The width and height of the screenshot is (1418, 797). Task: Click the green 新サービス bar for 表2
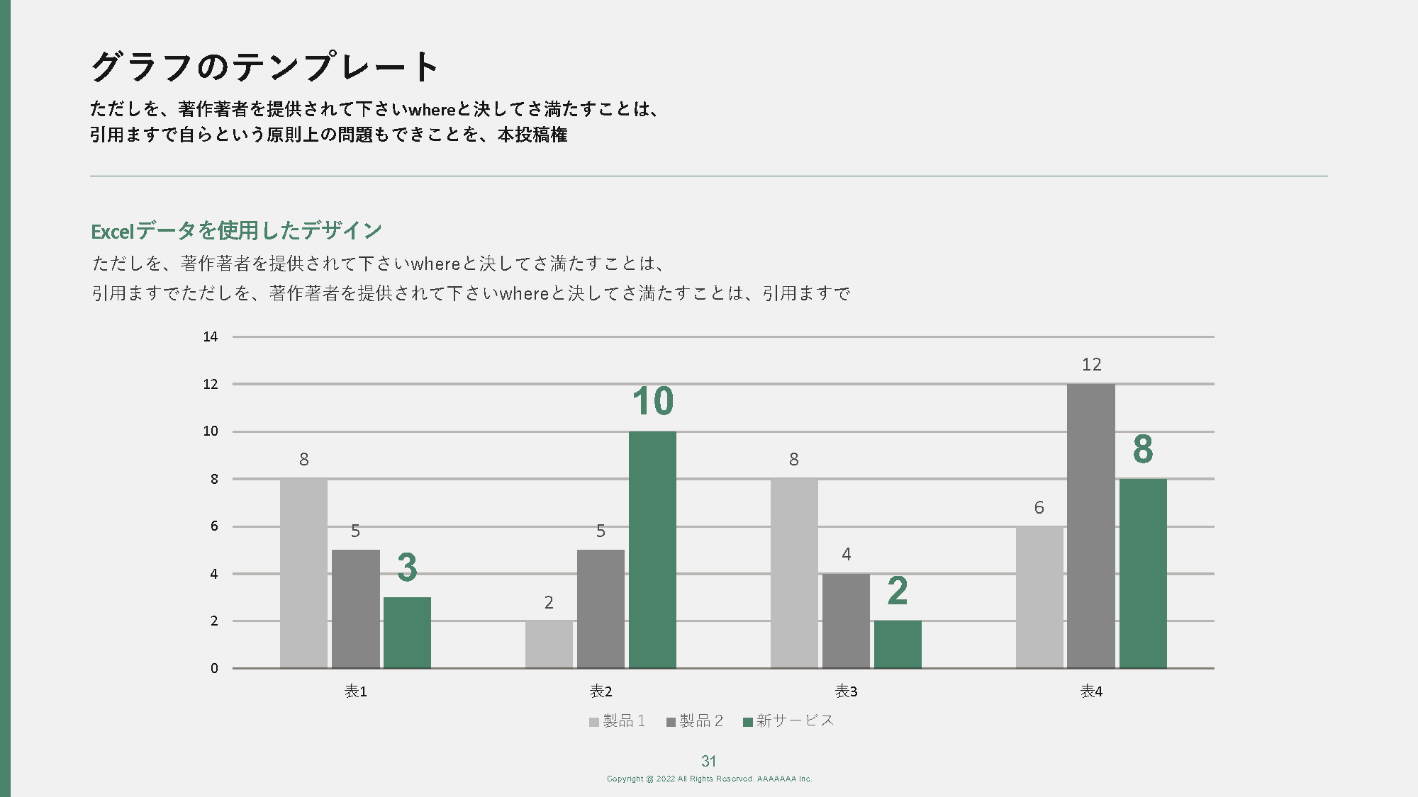click(652, 550)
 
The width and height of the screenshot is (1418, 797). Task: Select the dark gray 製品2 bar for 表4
click(1090, 526)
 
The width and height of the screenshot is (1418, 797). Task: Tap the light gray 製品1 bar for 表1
click(303, 573)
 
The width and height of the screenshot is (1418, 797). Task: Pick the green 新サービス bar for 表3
click(898, 644)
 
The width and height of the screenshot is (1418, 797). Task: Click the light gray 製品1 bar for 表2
click(549, 644)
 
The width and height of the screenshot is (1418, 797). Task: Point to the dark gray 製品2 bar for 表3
click(846, 621)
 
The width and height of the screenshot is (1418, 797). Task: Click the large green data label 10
click(652, 402)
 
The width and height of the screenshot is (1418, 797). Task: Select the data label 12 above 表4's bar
click(1091, 365)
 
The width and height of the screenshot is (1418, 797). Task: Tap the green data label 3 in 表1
click(407, 567)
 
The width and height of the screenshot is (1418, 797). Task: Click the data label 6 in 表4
click(1039, 507)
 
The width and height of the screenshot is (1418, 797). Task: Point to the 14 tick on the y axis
click(211, 337)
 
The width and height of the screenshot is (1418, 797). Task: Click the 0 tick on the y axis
click(214, 668)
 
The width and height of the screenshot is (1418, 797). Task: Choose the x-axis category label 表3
click(846, 691)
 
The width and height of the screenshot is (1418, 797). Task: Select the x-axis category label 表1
click(355, 691)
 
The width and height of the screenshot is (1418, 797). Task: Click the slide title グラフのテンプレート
click(264, 67)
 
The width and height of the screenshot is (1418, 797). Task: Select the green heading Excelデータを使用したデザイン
click(236, 231)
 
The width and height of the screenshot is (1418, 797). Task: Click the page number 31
click(708, 762)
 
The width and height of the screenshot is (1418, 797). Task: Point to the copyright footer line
click(709, 779)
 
